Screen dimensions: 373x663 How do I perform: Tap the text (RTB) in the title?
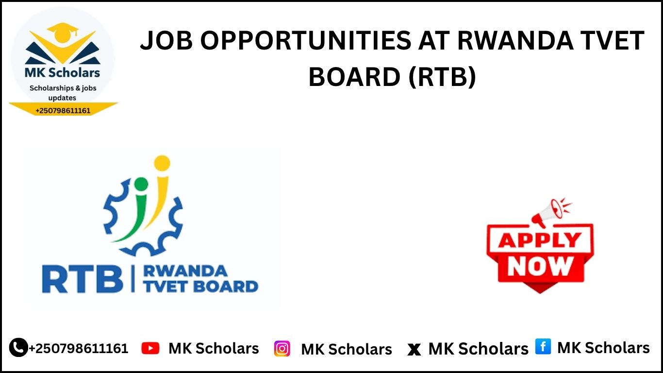pos(441,76)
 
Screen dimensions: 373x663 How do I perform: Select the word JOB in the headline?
pos(166,41)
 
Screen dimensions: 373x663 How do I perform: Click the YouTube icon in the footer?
pos(150,348)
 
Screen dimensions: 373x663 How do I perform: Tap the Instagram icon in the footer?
pos(282,349)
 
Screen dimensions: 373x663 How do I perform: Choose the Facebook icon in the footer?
pos(543,347)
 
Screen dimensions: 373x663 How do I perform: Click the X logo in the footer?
pos(414,349)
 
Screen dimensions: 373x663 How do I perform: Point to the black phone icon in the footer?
pos(18,347)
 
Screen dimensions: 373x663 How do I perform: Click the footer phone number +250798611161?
pos(79,348)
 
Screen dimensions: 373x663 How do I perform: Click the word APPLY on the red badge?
pos(540,240)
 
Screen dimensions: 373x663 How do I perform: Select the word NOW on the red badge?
pos(540,265)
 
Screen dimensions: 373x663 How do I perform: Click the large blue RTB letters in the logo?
pos(82,279)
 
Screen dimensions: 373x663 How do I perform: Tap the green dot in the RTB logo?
pos(141,184)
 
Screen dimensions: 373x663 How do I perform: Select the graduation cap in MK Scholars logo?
pos(64,32)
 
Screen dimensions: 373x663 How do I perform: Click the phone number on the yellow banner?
pos(63,111)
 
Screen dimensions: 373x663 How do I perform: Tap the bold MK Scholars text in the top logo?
pos(62,73)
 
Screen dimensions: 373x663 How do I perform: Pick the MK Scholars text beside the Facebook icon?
pos(603,348)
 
